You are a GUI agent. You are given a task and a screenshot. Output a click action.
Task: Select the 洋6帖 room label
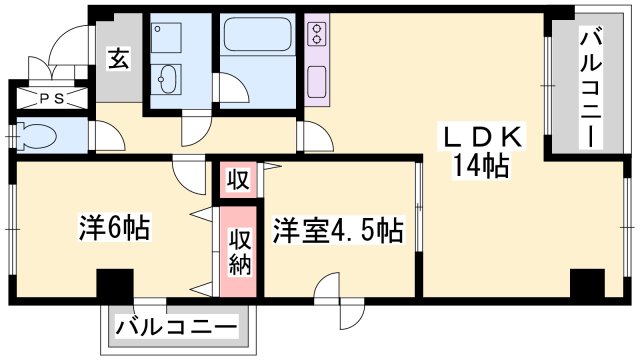115,229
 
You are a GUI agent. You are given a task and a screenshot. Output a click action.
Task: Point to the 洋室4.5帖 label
339,231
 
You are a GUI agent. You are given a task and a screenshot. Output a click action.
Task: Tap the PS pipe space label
51,97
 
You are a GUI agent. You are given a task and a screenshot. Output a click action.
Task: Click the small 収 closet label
237,181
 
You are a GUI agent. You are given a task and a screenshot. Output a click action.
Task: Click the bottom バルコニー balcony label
176,327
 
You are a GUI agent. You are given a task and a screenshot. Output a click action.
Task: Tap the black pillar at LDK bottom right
587,283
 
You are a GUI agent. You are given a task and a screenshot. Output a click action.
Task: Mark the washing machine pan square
166,39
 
